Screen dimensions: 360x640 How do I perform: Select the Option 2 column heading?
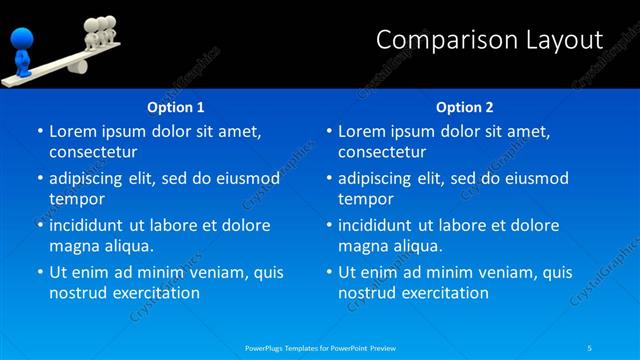[x=464, y=107]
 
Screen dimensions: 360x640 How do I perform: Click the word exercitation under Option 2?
[x=443, y=293]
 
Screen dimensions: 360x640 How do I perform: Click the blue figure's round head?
[x=21, y=39]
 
